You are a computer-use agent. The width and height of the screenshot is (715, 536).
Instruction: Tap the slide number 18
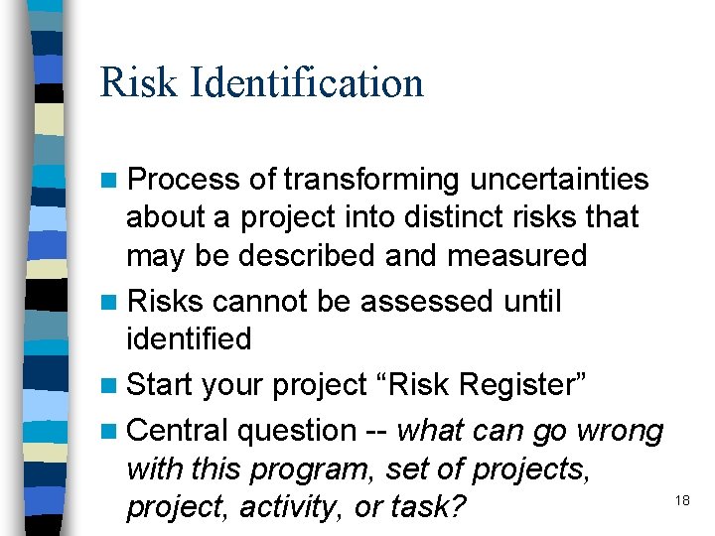coord(682,500)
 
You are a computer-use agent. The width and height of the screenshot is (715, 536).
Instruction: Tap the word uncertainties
coord(559,180)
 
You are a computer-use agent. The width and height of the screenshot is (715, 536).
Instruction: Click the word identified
coord(189,338)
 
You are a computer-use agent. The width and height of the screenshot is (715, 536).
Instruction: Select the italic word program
coord(313,469)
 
